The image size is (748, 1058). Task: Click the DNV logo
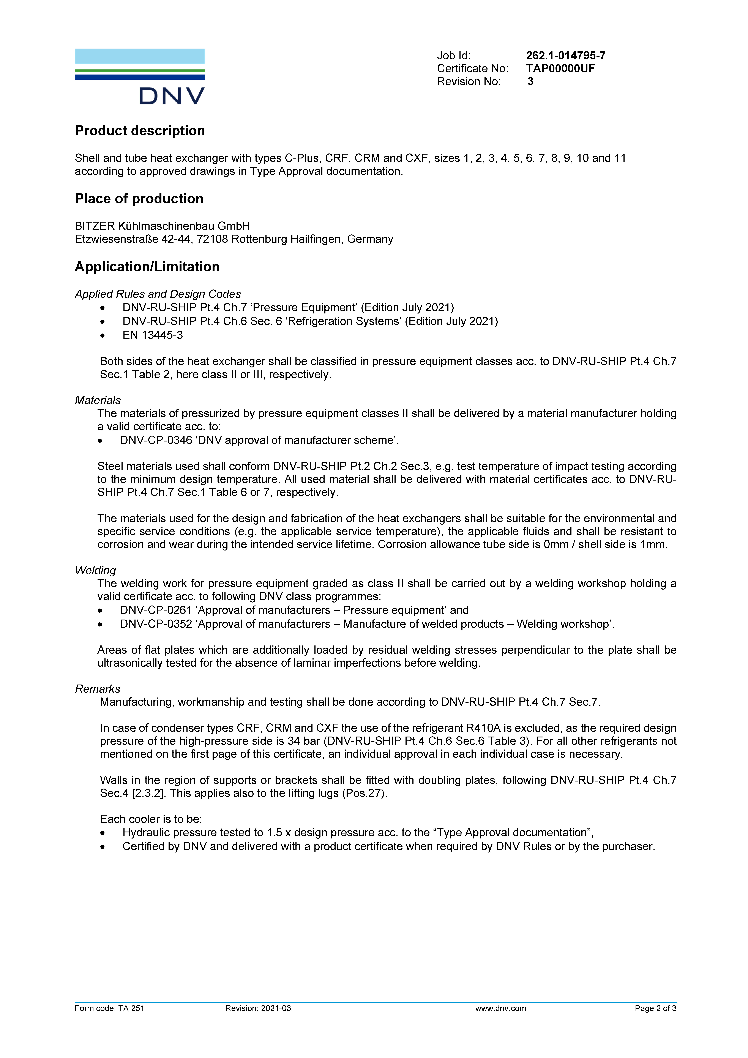click(140, 76)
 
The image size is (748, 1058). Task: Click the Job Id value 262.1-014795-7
click(566, 56)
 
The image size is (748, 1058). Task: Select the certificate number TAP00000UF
click(560, 69)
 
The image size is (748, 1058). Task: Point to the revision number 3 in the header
click(530, 82)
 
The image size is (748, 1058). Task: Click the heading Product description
click(140, 131)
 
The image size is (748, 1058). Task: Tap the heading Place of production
click(139, 199)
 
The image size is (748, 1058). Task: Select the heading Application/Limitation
click(147, 267)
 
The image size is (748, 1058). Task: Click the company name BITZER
click(94, 226)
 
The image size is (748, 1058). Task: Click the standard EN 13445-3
click(152, 335)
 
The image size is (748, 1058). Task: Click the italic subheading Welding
click(95, 571)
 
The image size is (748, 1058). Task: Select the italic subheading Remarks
click(97, 689)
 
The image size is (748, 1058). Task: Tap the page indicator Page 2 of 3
click(655, 1008)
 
